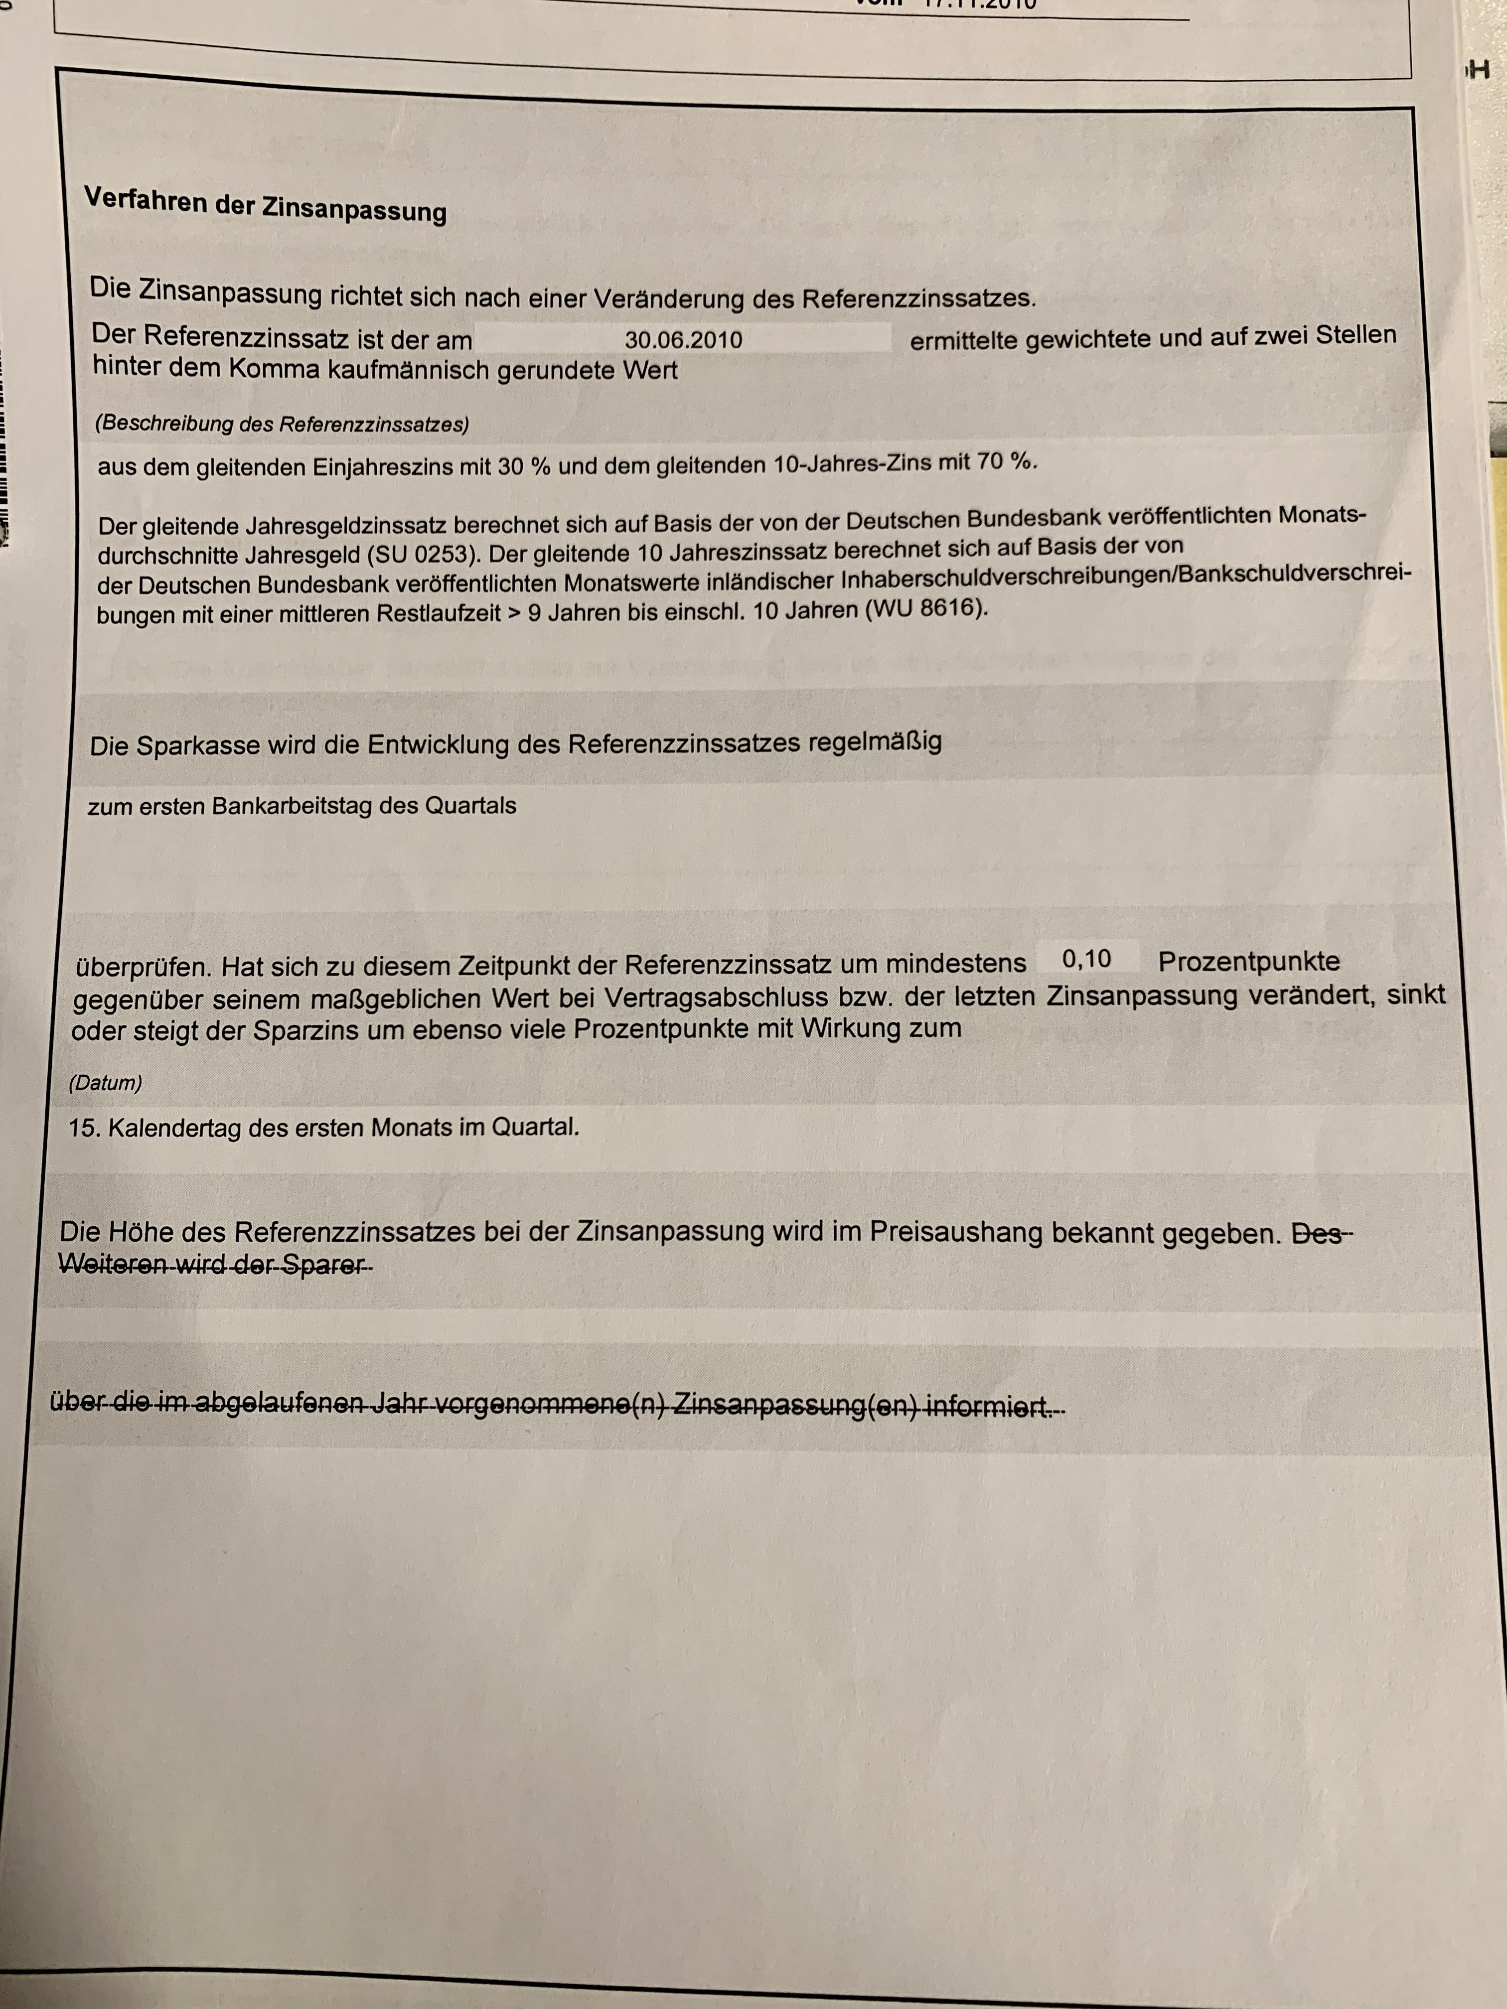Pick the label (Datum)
coord(105,1083)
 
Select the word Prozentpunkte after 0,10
coord(1249,961)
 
